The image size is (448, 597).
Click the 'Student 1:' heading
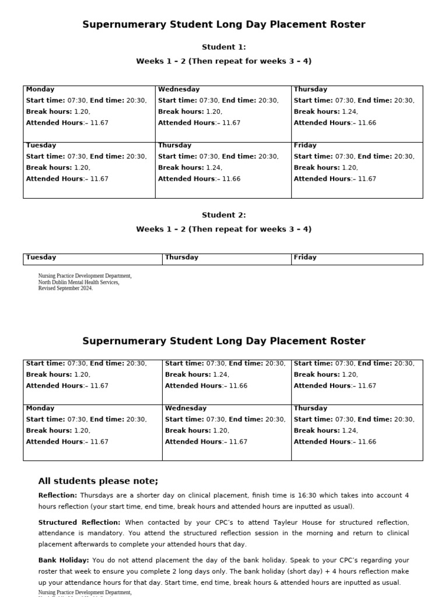click(224, 47)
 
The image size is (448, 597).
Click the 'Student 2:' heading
click(224, 215)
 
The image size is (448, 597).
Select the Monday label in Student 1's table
click(40, 89)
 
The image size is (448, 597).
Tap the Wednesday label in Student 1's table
click(178, 89)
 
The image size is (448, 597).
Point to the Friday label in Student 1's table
click(305, 145)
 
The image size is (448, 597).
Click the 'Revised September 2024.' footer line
click(65, 288)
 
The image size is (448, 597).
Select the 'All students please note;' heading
click(98, 481)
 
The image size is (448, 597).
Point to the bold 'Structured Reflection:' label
click(79, 522)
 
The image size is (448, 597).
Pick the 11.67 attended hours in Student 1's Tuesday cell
click(99, 179)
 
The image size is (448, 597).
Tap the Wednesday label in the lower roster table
click(185, 408)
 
